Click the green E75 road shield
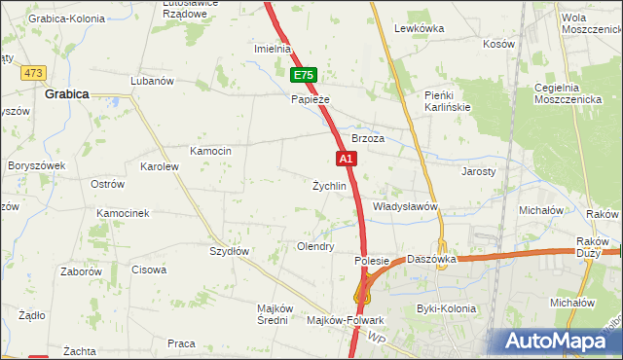(304, 75)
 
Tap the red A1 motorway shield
(345, 158)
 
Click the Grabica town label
(67, 94)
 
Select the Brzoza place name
(368, 138)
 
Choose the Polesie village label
(372, 261)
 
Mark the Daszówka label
(432, 260)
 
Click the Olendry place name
(315, 247)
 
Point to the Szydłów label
(231, 250)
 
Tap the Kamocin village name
(210, 151)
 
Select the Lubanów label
(152, 81)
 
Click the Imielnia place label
(273, 49)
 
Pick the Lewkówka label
(419, 28)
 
